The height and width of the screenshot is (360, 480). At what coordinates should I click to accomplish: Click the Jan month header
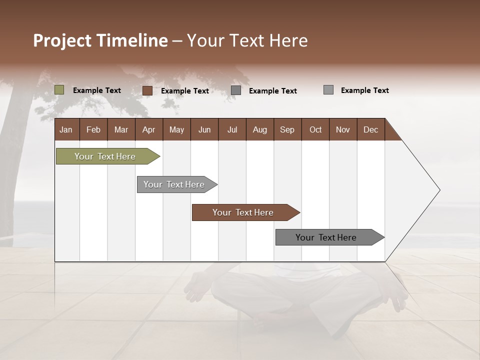(x=66, y=129)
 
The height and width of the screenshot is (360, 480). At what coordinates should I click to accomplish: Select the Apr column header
(x=148, y=129)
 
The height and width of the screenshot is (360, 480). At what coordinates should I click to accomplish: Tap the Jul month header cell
(x=232, y=129)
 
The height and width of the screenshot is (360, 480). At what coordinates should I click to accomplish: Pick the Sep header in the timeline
(x=287, y=129)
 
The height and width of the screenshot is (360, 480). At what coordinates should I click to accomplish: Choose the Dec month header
(x=370, y=129)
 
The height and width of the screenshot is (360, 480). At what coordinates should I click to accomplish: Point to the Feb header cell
(x=93, y=129)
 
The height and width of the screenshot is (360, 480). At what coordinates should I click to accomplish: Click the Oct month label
(x=315, y=129)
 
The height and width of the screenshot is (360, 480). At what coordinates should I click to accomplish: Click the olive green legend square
(x=59, y=90)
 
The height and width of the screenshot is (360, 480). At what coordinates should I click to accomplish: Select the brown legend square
(x=147, y=90)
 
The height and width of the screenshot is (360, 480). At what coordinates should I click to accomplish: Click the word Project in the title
(x=62, y=40)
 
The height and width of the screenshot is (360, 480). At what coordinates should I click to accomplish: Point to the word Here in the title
(x=288, y=40)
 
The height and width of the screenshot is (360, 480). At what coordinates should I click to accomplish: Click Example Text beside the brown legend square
(x=184, y=91)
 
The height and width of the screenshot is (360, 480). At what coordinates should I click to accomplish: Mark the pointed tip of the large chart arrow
(x=439, y=190)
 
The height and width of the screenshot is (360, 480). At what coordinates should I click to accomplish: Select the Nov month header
(x=343, y=129)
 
